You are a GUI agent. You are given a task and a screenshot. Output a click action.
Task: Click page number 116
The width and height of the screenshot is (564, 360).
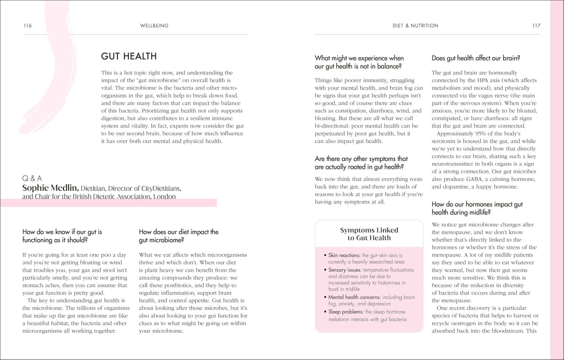[x=27, y=26]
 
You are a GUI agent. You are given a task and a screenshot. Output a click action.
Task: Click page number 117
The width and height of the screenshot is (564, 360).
[x=536, y=26]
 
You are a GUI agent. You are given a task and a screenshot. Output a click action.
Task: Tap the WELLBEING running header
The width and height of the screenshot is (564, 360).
[x=154, y=26]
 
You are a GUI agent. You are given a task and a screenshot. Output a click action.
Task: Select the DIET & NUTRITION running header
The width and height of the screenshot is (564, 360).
[x=415, y=26]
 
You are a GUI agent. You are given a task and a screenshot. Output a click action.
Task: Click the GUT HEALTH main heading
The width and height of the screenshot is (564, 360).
[x=129, y=57]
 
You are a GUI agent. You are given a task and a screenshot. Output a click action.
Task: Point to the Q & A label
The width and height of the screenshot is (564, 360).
[x=32, y=178]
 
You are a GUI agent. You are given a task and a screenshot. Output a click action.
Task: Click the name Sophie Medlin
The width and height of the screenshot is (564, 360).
[x=51, y=188]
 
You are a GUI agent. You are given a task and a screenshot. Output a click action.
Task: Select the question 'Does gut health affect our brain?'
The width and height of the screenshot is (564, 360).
[x=476, y=58]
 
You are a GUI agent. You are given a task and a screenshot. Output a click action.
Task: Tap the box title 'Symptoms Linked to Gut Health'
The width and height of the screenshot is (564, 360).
[x=369, y=234]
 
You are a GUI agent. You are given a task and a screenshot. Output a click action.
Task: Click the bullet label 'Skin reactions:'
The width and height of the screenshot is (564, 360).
[x=344, y=255]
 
